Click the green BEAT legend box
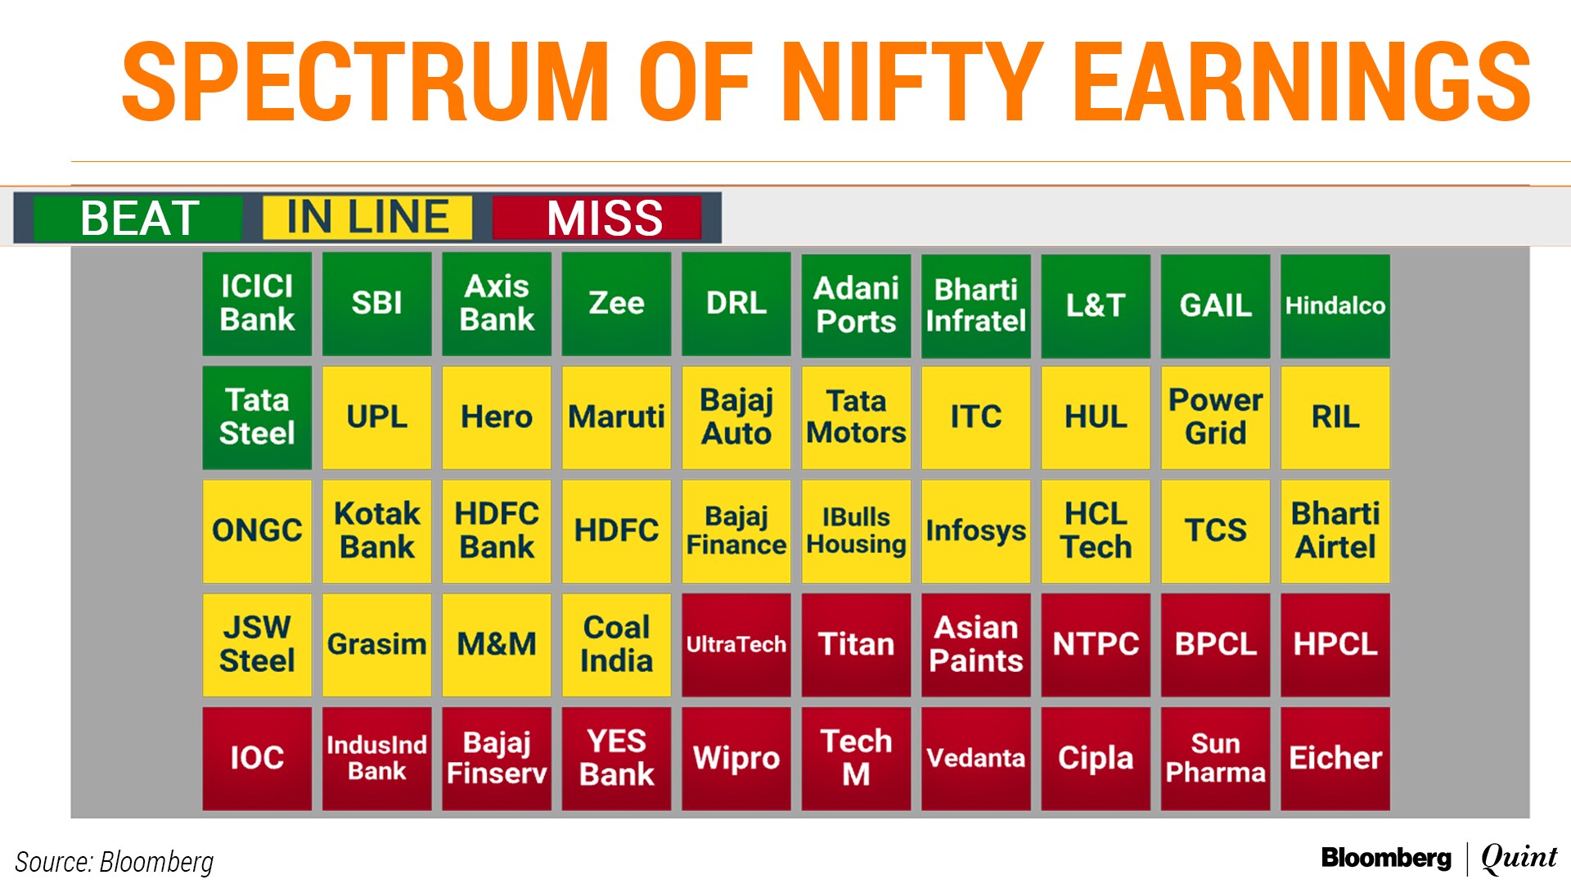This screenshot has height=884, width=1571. pyautogui.click(x=138, y=218)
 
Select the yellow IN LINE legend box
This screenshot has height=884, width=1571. pyautogui.click(x=367, y=218)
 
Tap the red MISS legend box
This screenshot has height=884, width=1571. pyautogui.click(x=597, y=218)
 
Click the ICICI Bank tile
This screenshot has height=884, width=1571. pyautogui.click(x=257, y=304)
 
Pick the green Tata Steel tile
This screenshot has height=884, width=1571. pyautogui.click(x=257, y=417)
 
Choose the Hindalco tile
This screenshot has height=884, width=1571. pyautogui.click(x=1335, y=306)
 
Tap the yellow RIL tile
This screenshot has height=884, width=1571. pyautogui.click(x=1335, y=417)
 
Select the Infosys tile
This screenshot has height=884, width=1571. pyautogui.click(x=976, y=531)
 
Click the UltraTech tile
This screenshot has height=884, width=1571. pyautogui.click(x=736, y=645)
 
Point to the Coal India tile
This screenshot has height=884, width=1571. pyautogui.click(x=616, y=645)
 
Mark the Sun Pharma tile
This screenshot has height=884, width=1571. pyautogui.click(x=1216, y=759)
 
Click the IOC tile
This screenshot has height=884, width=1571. pyautogui.click(x=257, y=759)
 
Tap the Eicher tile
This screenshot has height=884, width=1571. pyautogui.click(x=1335, y=759)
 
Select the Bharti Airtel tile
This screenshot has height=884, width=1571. pyautogui.click(x=1335, y=531)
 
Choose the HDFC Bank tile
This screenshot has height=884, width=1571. pyautogui.click(x=497, y=531)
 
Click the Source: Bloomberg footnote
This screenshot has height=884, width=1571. pyautogui.click(x=115, y=862)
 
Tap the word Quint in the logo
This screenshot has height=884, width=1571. pyautogui.click(x=1519, y=858)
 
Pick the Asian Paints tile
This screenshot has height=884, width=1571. pyautogui.click(x=976, y=645)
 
